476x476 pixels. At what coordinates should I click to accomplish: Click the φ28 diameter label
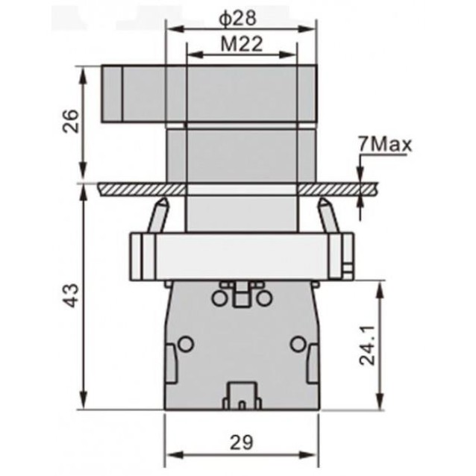click(x=239, y=16)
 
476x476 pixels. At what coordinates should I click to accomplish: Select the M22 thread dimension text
click(x=240, y=44)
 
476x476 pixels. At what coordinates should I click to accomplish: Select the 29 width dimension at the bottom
click(x=241, y=441)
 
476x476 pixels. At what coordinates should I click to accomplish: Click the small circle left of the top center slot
click(x=219, y=299)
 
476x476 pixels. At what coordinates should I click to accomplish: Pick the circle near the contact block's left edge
click(x=186, y=344)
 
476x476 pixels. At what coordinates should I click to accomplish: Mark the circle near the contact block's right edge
click(x=297, y=344)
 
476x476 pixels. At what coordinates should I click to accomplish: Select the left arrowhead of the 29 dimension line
click(x=169, y=455)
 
